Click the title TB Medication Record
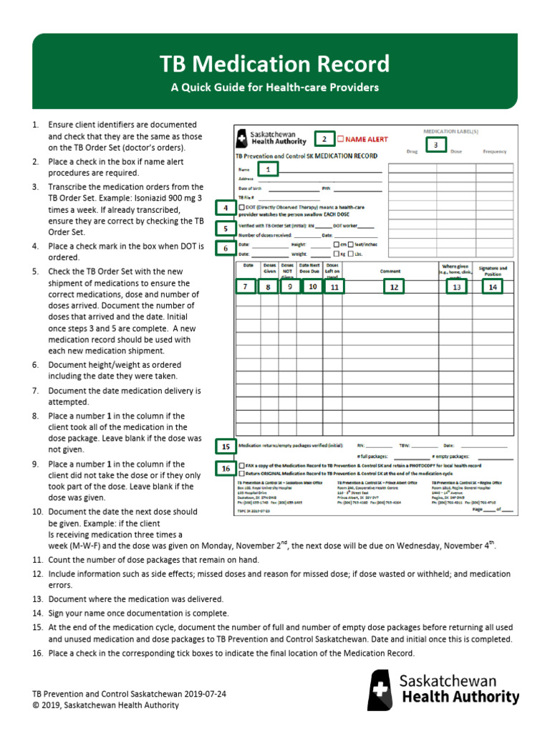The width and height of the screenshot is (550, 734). pos(275,65)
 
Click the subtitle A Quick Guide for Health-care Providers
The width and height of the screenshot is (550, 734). pos(274,88)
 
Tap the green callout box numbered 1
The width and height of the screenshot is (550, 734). pos(267,170)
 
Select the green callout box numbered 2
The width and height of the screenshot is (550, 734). pos(324,138)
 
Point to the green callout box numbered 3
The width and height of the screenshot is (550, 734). pos(435,145)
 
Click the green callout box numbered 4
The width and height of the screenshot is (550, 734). pos(226,208)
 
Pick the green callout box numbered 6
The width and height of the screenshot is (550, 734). pos(226,248)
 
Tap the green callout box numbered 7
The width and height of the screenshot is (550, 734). pos(245,287)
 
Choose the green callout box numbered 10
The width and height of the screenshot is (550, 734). pos(312,287)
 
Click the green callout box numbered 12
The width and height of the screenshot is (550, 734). pos(392,287)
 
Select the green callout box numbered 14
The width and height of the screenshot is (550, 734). pos(492,287)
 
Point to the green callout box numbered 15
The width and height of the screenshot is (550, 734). pos(226,446)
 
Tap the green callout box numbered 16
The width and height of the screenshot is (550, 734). pos(226,469)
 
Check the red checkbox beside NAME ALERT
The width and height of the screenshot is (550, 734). pos(341,138)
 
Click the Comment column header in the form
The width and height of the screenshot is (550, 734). pos(390,272)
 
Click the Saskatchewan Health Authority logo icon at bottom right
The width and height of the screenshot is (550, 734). pos(380,690)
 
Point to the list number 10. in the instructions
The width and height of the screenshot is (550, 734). pos(38,512)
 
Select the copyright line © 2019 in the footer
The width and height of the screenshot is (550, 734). pos(105,705)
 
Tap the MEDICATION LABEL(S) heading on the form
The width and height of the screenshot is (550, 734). pos(451,132)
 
